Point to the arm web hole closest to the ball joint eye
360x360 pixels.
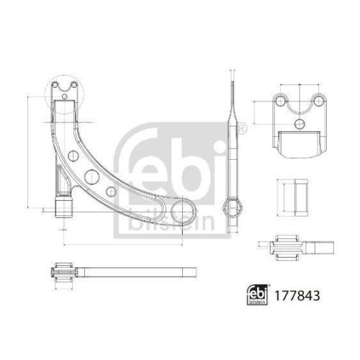(111, 192)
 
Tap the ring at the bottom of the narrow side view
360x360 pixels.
(233, 208)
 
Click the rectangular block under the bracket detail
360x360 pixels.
(298, 143)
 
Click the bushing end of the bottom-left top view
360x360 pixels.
(61, 274)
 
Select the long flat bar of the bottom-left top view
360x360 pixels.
(137, 273)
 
